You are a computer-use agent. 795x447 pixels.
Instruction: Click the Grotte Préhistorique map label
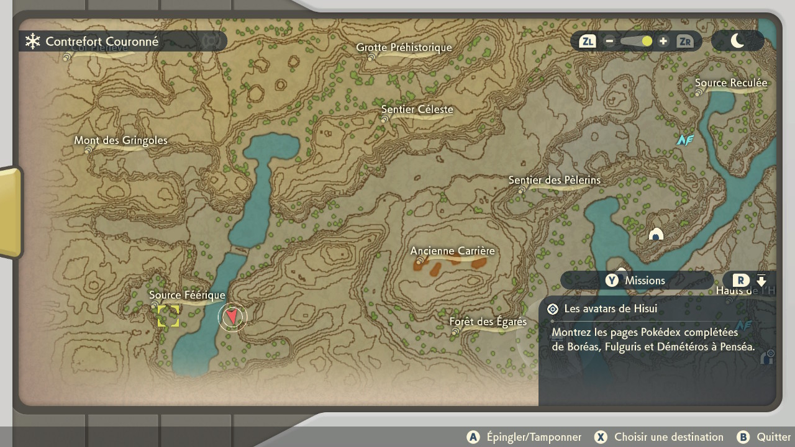click(404, 48)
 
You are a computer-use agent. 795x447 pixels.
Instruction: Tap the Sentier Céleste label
click(417, 110)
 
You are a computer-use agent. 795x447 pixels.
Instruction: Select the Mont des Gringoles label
click(121, 140)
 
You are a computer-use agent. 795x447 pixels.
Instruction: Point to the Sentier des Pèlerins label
click(555, 180)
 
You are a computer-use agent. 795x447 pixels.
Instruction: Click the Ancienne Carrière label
click(453, 251)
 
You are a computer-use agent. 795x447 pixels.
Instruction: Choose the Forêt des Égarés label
click(488, 322)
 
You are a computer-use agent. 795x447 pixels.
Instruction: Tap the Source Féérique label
click(187, 295)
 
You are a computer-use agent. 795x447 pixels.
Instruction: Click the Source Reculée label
click(731, 83)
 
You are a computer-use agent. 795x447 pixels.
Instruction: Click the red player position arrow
click(232, 317)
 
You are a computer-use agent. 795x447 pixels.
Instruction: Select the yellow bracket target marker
click(168, 316)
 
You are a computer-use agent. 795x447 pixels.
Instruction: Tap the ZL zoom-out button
click(587, 42)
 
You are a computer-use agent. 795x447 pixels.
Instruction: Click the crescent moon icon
click(737, 41)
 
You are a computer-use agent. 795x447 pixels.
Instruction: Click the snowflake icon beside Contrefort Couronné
click(32, 42)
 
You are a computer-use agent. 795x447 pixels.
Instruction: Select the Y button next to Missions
click(612, 281)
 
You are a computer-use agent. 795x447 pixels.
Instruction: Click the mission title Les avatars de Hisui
click(611, 309)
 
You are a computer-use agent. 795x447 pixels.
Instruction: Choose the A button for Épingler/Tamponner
click(473, 437)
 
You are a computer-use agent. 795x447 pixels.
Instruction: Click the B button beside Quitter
click(743, 437)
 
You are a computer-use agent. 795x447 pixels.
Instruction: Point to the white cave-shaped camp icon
click(656, 234)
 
